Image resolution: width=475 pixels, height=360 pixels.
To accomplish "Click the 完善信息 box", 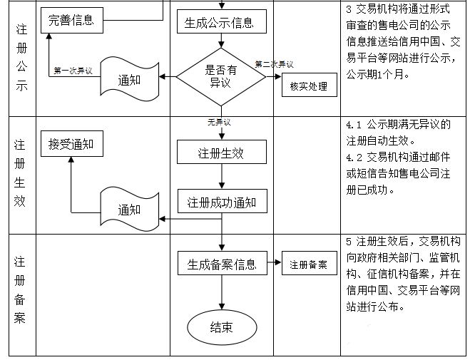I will (71, 19).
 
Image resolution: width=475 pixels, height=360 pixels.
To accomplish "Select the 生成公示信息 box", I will (223, 22).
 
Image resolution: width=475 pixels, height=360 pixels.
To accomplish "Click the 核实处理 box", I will (308, 87).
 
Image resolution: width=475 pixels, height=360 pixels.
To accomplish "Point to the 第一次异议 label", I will (73, 71).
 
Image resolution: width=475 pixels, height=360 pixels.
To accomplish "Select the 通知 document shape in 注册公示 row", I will (129, 80).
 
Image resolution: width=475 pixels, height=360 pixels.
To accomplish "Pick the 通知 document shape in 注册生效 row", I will (129, 209).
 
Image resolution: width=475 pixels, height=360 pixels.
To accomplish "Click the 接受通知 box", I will (71, 144).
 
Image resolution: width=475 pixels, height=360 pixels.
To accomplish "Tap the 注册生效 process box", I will (223, 153).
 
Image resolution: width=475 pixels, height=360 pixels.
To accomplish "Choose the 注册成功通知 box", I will (223, 201).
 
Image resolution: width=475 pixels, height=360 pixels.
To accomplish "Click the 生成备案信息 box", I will (223, 263).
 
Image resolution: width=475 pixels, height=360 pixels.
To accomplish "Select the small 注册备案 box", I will (308, 264).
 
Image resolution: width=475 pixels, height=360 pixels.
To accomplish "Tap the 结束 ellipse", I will (221, 327).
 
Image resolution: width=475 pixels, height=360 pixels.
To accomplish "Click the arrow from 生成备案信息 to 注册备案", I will (275, 264).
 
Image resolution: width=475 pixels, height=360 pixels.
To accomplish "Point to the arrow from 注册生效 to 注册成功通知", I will (223, 177).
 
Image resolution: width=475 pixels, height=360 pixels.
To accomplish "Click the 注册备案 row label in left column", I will (19, 290).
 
